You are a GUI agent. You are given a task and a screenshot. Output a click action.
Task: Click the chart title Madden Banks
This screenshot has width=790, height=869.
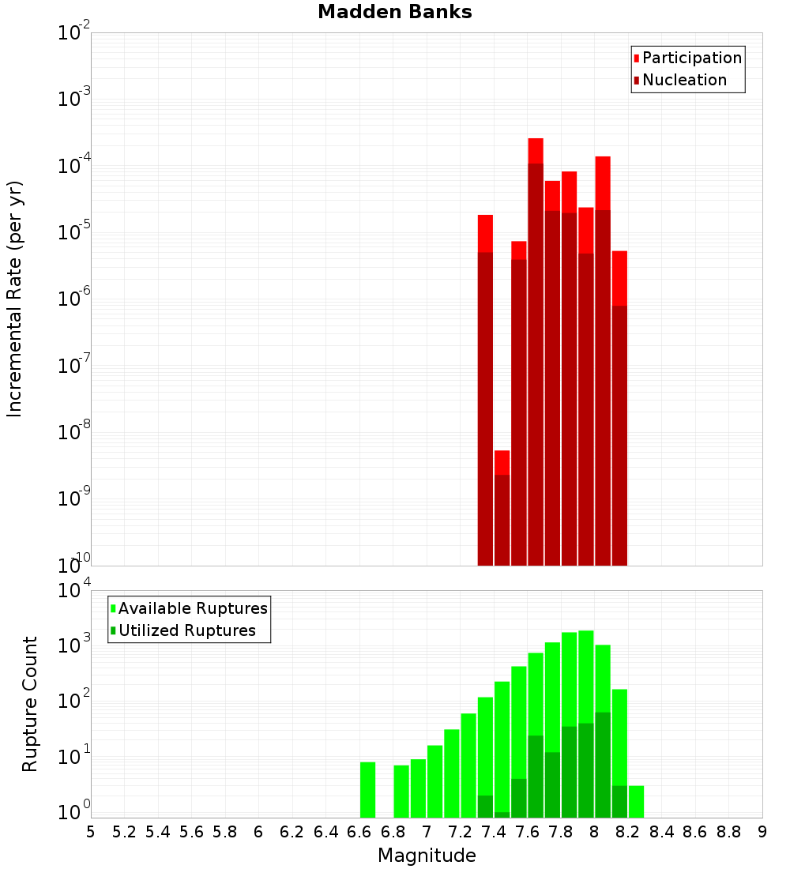point(395,13)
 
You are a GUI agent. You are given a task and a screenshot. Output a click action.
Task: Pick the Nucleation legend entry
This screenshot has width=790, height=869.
point(684,81)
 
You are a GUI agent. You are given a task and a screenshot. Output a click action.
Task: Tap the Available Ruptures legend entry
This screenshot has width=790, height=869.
point(193,609)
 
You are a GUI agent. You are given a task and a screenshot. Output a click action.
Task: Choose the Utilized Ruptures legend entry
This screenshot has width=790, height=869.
point(186,631)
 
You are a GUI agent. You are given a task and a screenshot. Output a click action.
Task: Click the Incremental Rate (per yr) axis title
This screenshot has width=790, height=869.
point(15,299)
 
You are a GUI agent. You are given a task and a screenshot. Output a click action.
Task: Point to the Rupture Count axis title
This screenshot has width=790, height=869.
point(30,704)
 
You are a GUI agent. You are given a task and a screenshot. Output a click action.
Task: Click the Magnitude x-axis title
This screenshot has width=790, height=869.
point(427,856)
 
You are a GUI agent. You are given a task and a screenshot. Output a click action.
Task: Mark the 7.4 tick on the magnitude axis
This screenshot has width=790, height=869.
point(494,832)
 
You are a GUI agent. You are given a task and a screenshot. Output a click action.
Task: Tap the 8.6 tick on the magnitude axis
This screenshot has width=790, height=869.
point(695,832)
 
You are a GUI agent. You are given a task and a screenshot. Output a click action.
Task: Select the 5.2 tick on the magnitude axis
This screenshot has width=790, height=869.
point(124,832)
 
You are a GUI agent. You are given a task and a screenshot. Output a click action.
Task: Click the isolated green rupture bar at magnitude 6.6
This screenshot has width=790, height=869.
point(367,789)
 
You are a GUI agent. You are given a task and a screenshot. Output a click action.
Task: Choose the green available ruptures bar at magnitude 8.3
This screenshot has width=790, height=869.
point(636,801)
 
